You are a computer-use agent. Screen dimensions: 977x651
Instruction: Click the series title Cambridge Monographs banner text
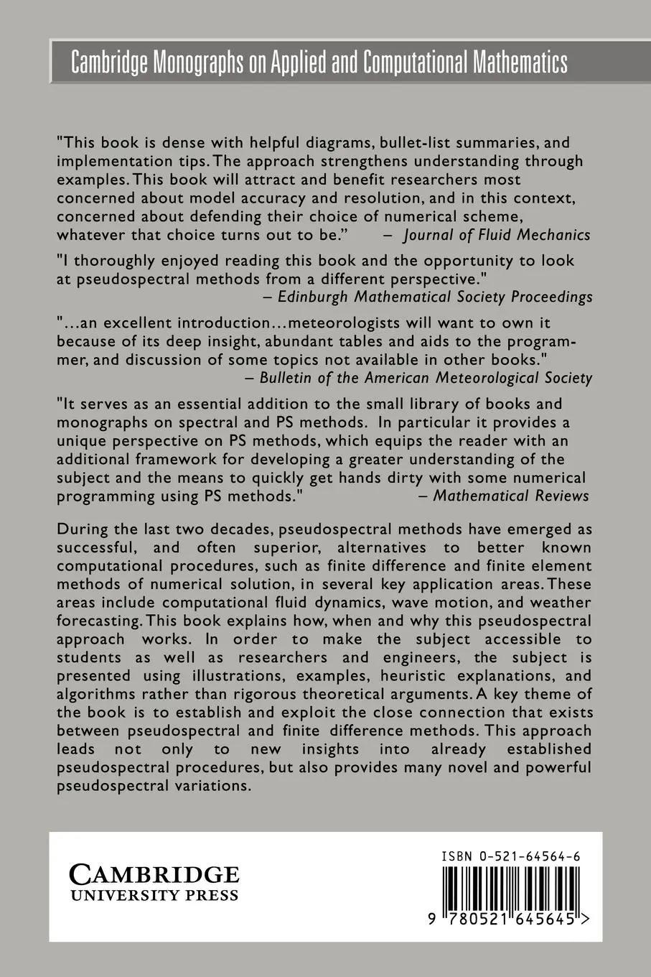pos(319,63)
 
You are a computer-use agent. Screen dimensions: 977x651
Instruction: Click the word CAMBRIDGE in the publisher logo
pos(154,874)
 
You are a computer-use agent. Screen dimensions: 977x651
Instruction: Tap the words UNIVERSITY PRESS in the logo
pos(154,895)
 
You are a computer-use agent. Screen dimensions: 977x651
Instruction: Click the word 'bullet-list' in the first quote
pos(367,143)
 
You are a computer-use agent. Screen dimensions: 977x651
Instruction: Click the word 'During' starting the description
pos(82,529)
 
